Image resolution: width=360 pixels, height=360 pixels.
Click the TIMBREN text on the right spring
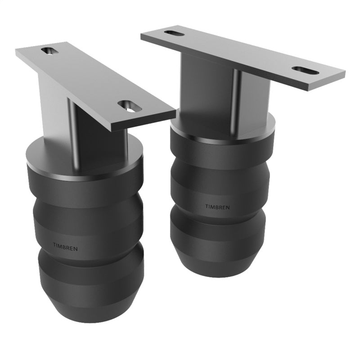coord(217,207)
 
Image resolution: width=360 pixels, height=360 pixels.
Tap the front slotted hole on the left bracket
coord(130,106)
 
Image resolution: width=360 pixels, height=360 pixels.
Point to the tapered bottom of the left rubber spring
coord(90,310)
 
